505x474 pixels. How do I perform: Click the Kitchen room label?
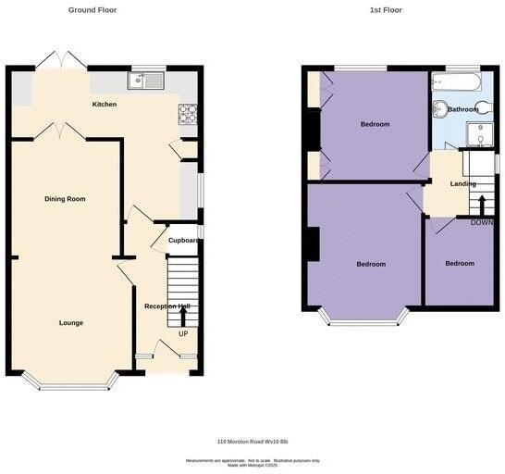pyautogui.click(x=105, y=105)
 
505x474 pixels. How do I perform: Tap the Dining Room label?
pyautogui.click(x=65, y=199)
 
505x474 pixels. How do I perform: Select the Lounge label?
pyautogui.click(x=71, y=323)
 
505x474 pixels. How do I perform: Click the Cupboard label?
pyautogui.click(x=183, y=241)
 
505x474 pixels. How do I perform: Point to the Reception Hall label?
pyautogui.click(x=166, y=306)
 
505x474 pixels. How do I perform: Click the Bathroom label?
pyautogui.click(x=463, y=109)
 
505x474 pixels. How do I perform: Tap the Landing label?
pyautogui.click(x=462, y=184)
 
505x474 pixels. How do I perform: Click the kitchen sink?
pyautogui.click(x=147, y=82)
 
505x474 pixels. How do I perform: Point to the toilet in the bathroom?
pyautogui.click(x=440, y=109)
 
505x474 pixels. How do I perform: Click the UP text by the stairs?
pyautogui.click(x=183, y=334)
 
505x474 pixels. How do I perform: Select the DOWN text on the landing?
pyautogui.click(x=482, y=223)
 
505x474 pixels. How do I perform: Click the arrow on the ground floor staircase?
pyautogui.click(x=183, y=318)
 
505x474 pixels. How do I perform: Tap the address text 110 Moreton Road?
pyautogui.click(x=252, y=442)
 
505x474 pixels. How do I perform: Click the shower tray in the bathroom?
pyautogui.click(x=479, y=135)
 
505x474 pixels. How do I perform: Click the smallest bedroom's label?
pyautogui.click(x=460, y=264)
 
